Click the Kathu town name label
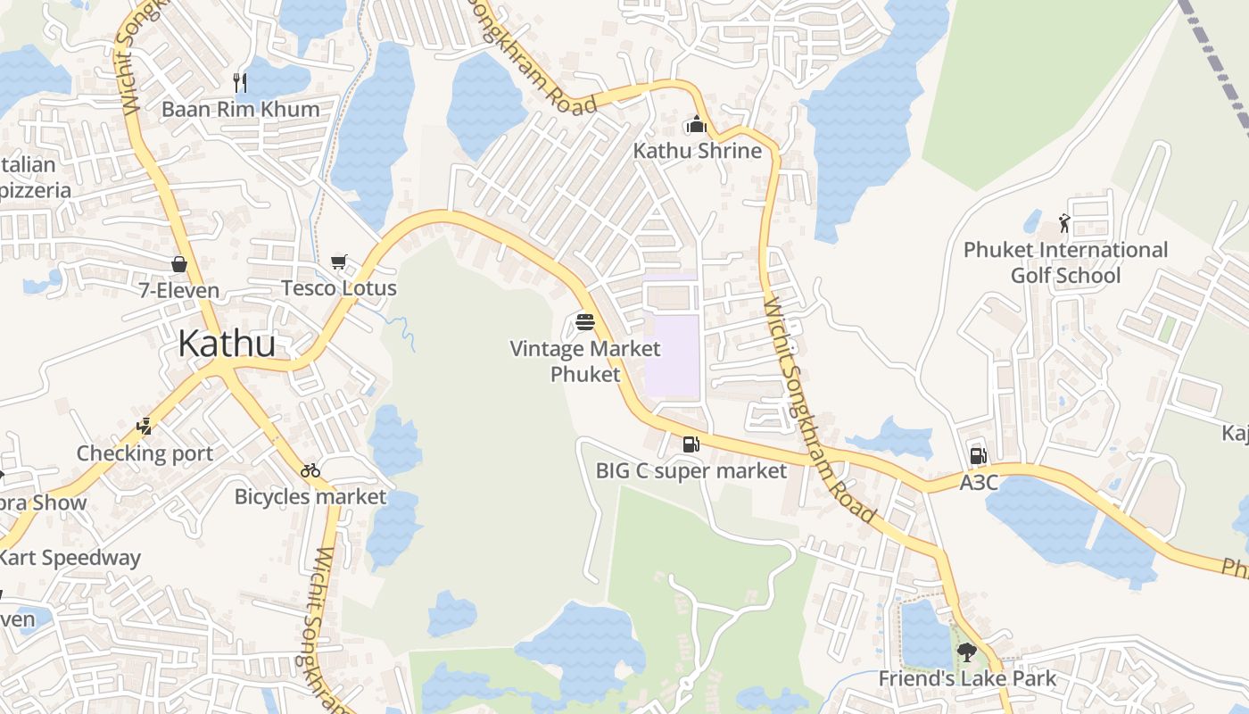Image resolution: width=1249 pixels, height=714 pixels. (227, 344)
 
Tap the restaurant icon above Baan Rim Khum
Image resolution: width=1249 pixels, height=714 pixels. (239, 82)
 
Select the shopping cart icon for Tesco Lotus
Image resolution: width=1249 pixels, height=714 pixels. (338, 262)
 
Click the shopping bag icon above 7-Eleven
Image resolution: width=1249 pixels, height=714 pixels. (179, 264)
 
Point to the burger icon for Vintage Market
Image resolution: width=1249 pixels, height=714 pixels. (585, 321)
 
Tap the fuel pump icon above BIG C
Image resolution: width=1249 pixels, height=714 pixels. (691, 444)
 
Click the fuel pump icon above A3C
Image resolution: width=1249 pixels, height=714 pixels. (978, 456)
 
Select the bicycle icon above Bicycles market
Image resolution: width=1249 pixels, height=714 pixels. (310, 470)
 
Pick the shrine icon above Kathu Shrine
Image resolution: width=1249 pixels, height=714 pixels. (697, 125)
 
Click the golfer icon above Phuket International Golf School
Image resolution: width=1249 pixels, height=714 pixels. (1064, 223)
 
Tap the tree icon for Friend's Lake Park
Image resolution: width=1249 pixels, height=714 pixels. (966, 652)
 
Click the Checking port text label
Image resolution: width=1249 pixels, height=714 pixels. (145, 453)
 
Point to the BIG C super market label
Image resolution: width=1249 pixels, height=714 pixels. (691, 470)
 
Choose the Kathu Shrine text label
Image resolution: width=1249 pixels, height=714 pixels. (698, 151)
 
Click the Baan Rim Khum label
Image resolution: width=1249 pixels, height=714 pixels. (240, 109)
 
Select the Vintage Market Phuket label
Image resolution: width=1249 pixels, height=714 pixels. (585, 361)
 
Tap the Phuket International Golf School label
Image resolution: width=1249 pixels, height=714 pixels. (1065, 262)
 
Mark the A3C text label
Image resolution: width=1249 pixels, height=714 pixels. (978, 483)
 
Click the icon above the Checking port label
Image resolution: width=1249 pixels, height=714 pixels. (145, 427)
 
